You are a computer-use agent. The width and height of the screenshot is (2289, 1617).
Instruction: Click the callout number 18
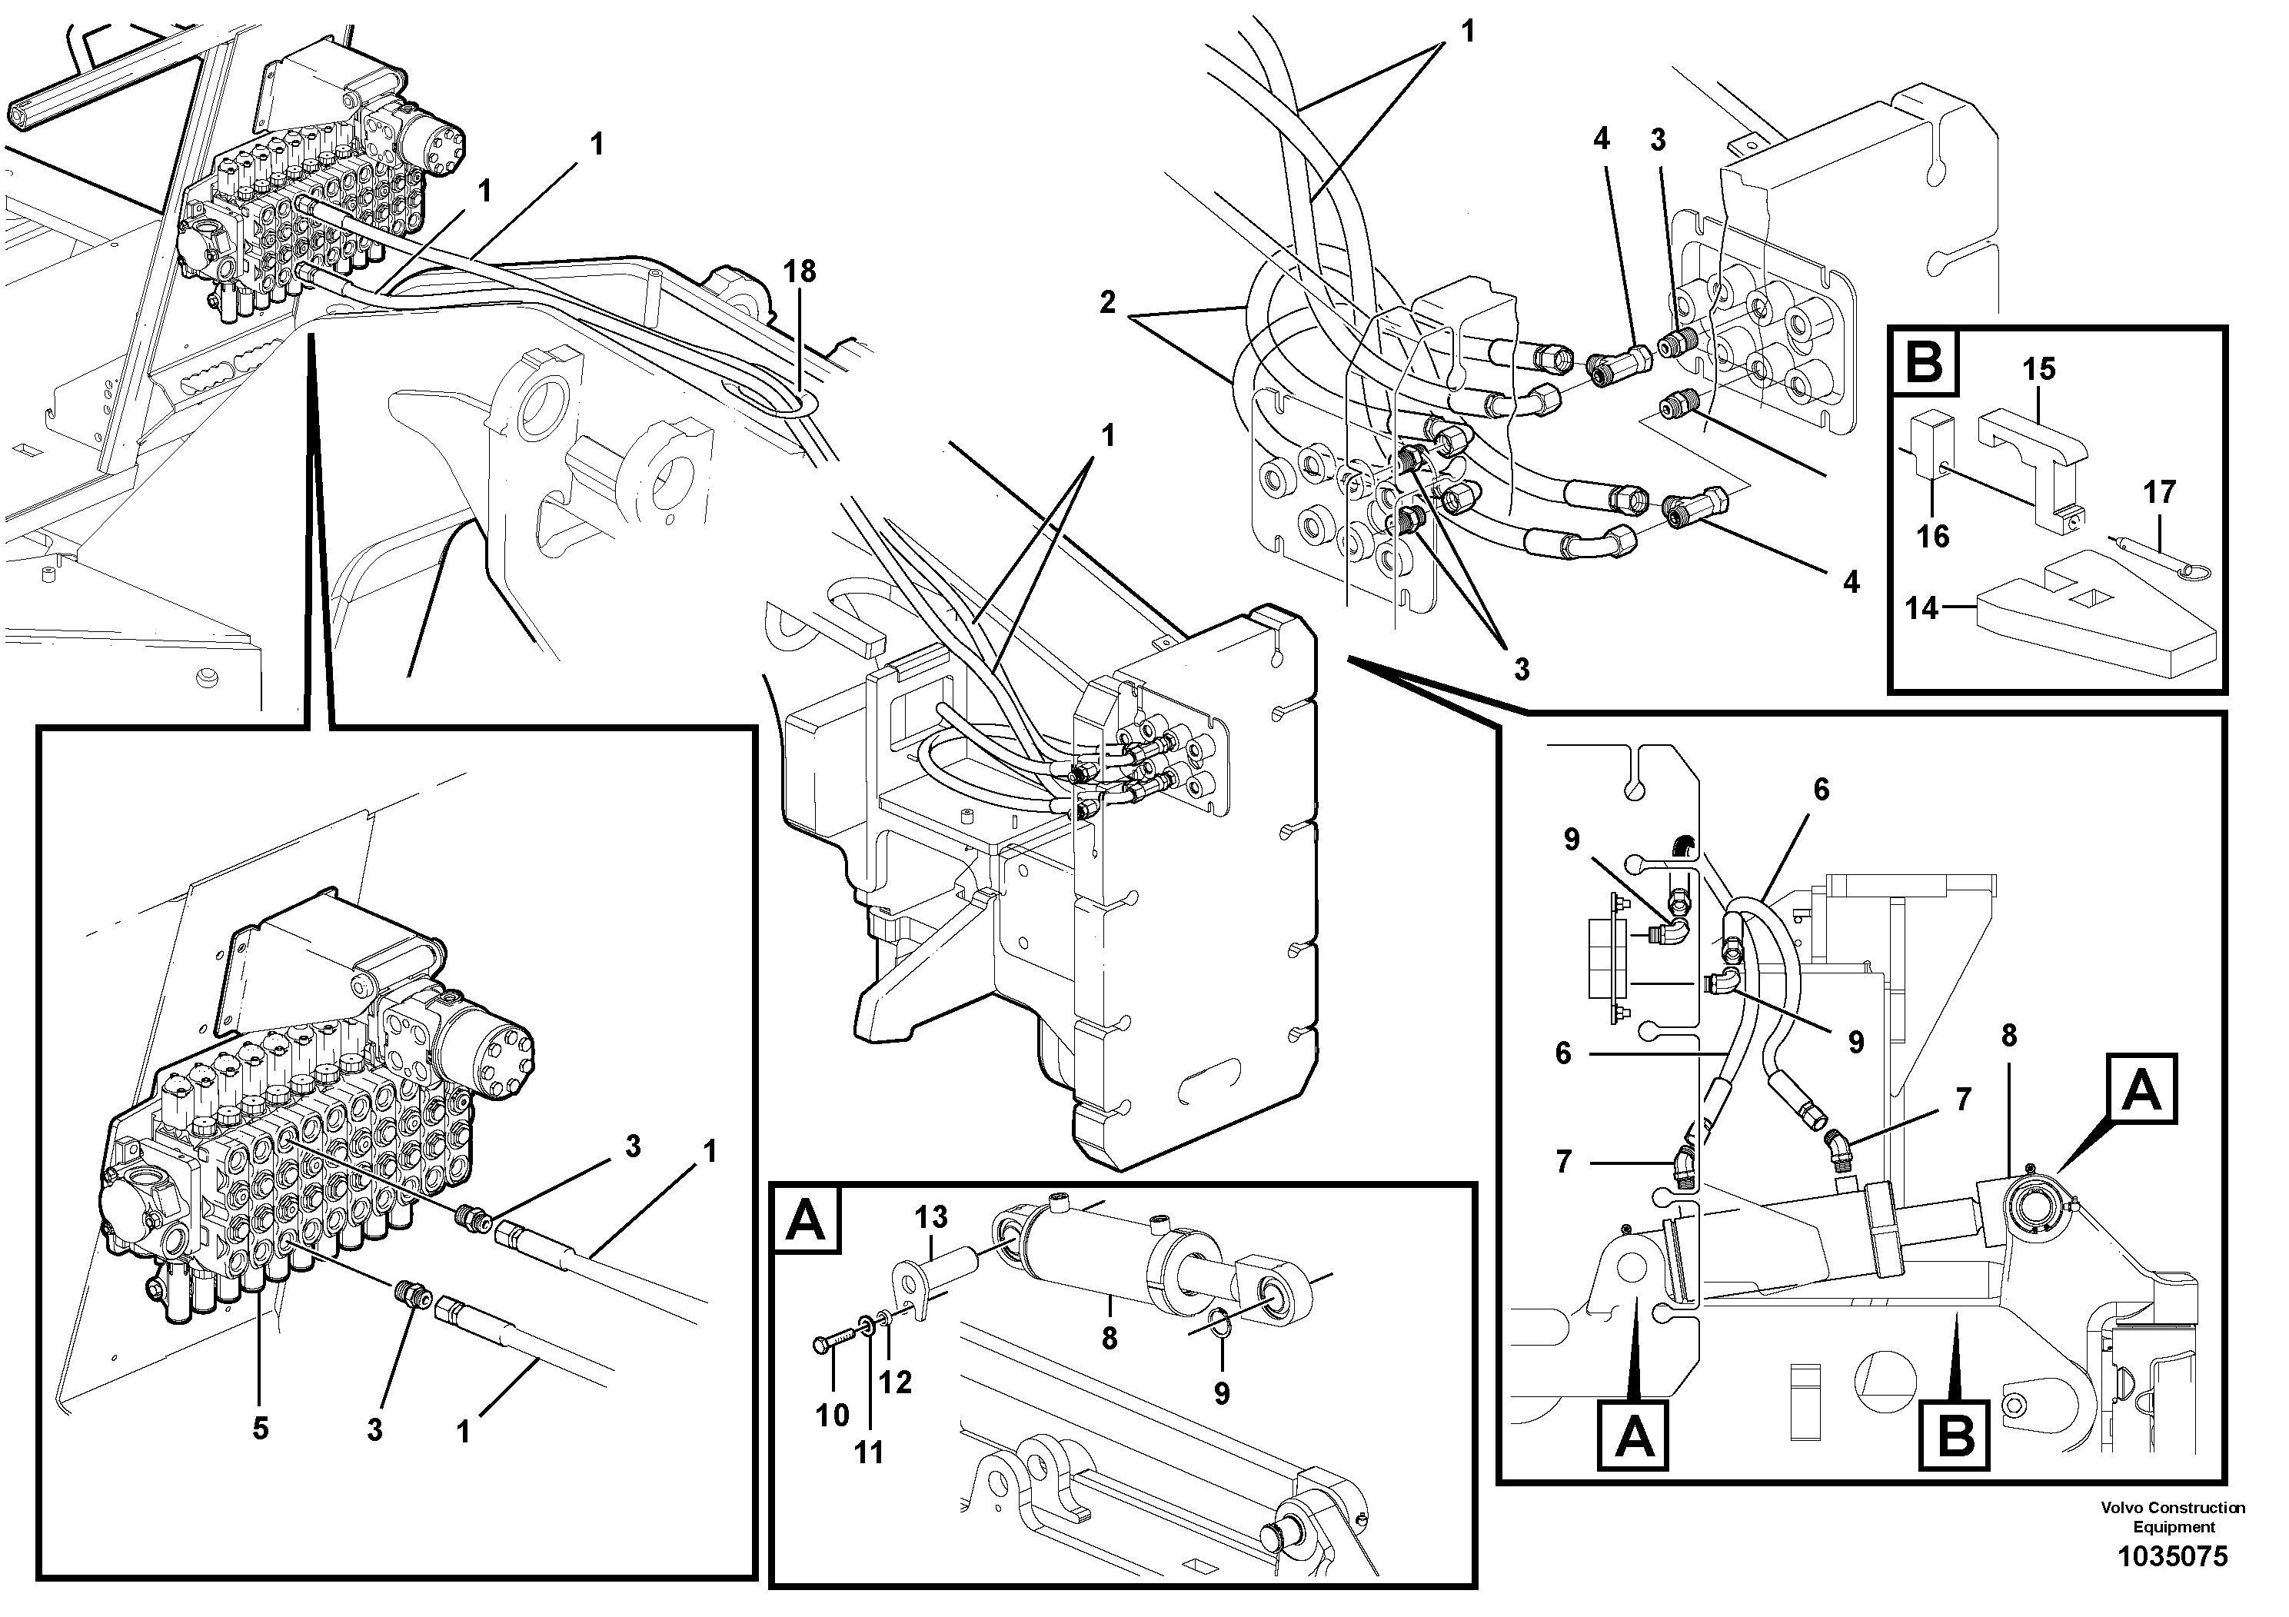tap(799, 271)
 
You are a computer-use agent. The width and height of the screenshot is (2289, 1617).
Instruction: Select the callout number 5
tap(260, 1429)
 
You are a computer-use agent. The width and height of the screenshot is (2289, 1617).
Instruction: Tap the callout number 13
tap(931, 1217)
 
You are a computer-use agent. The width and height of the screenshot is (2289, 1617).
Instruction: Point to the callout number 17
tap(2159, 491)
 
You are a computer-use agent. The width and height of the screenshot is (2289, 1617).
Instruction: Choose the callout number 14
tap(1921, 607)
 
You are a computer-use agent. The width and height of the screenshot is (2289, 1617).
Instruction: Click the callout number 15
tap(2039, 369)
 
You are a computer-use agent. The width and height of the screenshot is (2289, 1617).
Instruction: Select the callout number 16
tap(1932, 537)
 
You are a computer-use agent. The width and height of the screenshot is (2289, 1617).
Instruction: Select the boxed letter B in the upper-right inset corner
tap(1923, 362)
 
